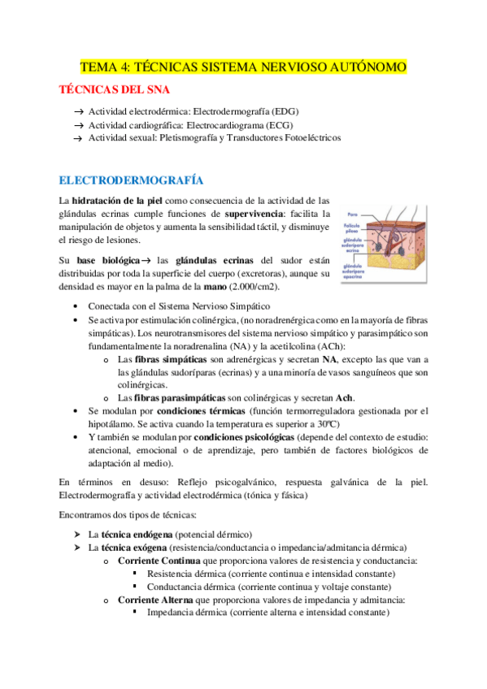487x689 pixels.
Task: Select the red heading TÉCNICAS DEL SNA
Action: coord(115,89)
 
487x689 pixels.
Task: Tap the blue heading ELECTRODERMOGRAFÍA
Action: coord(131,180)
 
